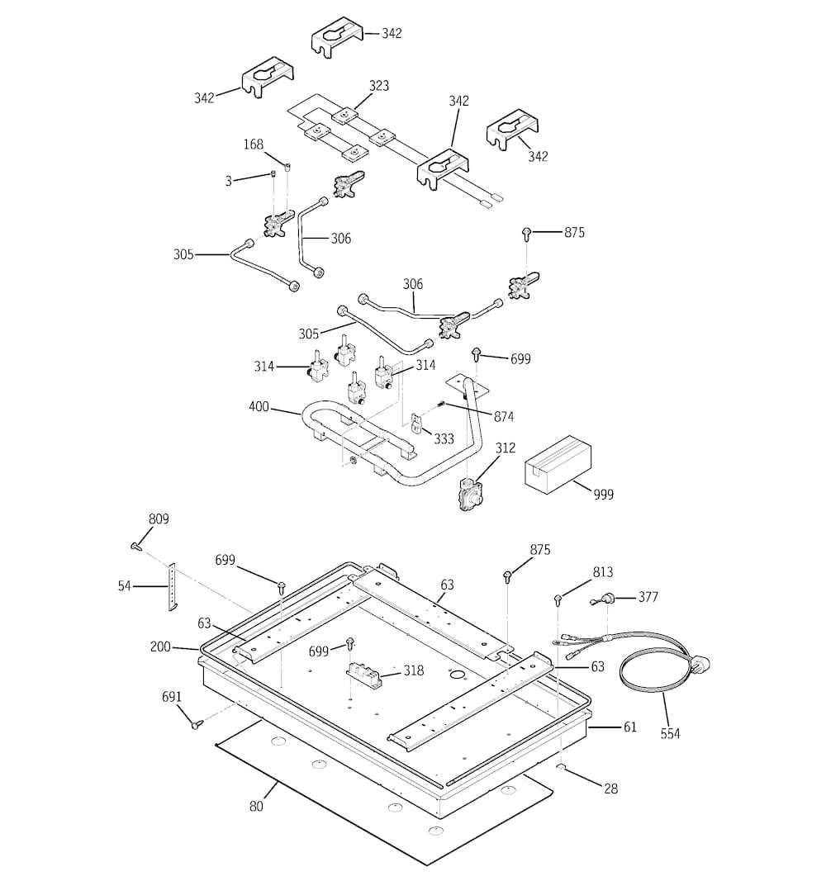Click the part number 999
pos(604,495)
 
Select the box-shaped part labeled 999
pos(558,463)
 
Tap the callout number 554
pos(670,733)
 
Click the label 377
pos(648,597)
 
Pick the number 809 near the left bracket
pos(159,519)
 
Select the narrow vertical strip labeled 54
pos(171,586)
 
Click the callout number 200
pos(160,647)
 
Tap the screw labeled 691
pos(196,725)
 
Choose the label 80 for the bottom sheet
pos(256,806)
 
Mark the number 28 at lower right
pos(610,789)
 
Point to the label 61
pos(630,727)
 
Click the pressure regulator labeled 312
pos(471,494)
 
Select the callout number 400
pos(259,406)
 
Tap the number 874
pos(504,416)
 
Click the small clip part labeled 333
pos(416,424)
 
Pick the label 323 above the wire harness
pos(379,85)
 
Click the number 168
pos(253,144)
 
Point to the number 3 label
pos(228,181)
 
